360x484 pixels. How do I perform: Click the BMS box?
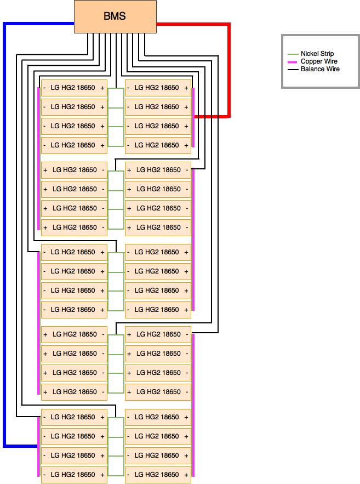click(115, 16)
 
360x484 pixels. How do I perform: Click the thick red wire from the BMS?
click(229, 70)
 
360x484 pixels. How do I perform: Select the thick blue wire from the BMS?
click(4, 235)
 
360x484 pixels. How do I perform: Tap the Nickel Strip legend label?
click(317, 54)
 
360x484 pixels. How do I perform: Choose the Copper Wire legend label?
click(319, 61)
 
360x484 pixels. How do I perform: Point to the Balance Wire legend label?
click(320, 69)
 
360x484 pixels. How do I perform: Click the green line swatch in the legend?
click(293, 54)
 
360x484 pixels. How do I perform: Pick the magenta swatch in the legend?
click(293, 62)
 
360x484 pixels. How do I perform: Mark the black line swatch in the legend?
click(293, 70)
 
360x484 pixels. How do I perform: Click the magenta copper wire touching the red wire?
click(193, 118)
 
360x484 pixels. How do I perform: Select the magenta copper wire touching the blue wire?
click(38, 447)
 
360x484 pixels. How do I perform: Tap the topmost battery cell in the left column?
click(74, 88)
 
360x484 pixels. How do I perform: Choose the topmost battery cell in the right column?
click(158, 88)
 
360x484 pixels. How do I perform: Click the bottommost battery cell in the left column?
click(74, 475)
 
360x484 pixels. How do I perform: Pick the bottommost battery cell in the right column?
click(158, 475)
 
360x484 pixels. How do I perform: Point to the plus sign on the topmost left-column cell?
click(102, 88)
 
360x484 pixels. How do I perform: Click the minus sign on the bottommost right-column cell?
click(128, 475)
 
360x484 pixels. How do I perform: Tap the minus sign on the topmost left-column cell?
click(44, 88)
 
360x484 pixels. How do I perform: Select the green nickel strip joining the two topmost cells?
click(116, 88)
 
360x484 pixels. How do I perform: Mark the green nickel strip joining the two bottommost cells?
click(116, 476)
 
